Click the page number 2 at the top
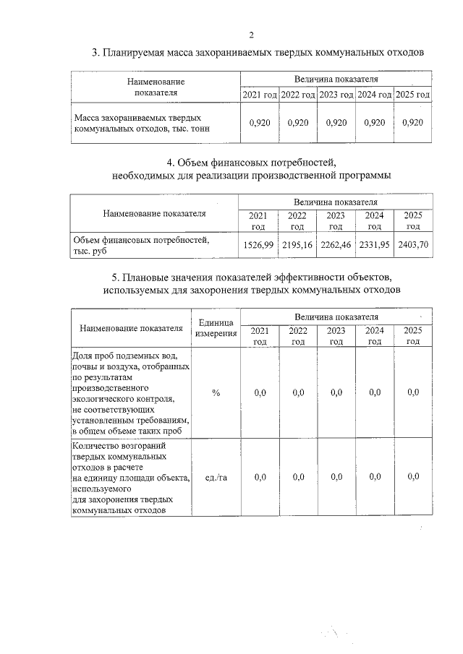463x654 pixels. click(251, 34)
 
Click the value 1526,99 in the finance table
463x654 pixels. click(258, 245)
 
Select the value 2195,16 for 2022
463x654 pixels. click(297, 245)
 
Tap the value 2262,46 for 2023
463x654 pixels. click(336, 245)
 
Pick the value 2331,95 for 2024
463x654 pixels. click(374, 245)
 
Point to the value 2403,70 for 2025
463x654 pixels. click(413, 245)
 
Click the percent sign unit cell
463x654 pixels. click(216, 392)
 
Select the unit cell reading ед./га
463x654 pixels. click(216, 477)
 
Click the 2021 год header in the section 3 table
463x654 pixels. click(260, 95)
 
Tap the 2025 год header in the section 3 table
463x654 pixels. click(412, 95)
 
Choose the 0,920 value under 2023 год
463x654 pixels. click(336, 123)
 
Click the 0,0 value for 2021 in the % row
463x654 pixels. click(260, 392)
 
